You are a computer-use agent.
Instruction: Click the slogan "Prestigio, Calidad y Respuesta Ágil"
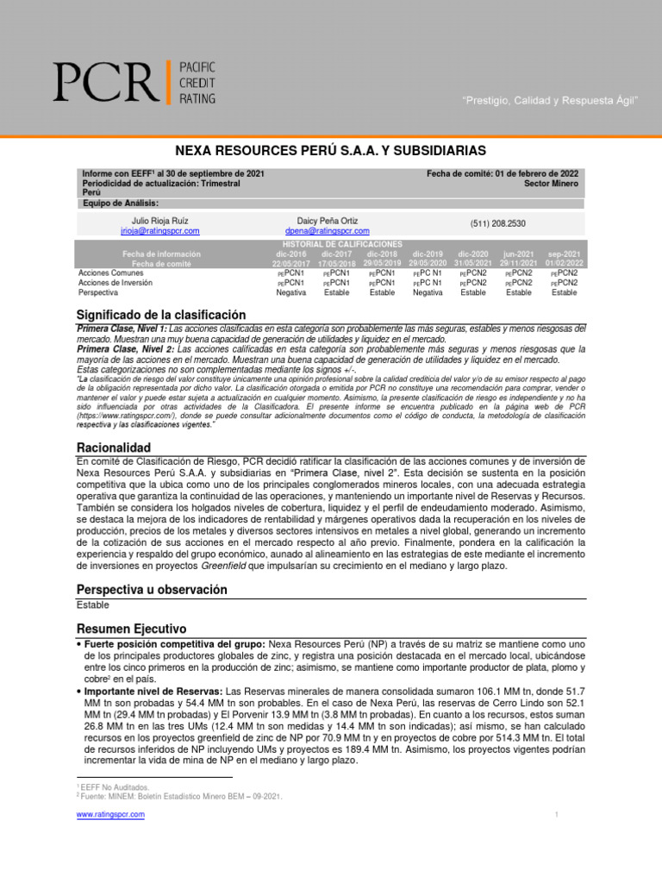(552, 101)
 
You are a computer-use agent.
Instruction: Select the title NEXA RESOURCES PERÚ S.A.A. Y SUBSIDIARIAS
(331, 150)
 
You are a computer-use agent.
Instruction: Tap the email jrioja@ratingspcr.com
(160, 231)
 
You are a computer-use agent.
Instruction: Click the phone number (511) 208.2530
(498, 223)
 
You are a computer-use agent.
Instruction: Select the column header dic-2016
(290, 254)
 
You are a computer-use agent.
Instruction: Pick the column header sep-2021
(564, 254)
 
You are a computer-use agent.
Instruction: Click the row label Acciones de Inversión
(116, 282)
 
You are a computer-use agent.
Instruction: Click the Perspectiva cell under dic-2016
(290, 292)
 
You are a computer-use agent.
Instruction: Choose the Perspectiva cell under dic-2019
(428, 292)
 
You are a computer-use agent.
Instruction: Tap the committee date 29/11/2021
(518, 263)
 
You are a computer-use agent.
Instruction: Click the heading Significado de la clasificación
(161, 315)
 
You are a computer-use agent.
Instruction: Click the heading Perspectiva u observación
(152, 590)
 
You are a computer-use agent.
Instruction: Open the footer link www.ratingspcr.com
(110, 815)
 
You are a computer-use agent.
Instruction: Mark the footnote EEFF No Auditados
(116, 787)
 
